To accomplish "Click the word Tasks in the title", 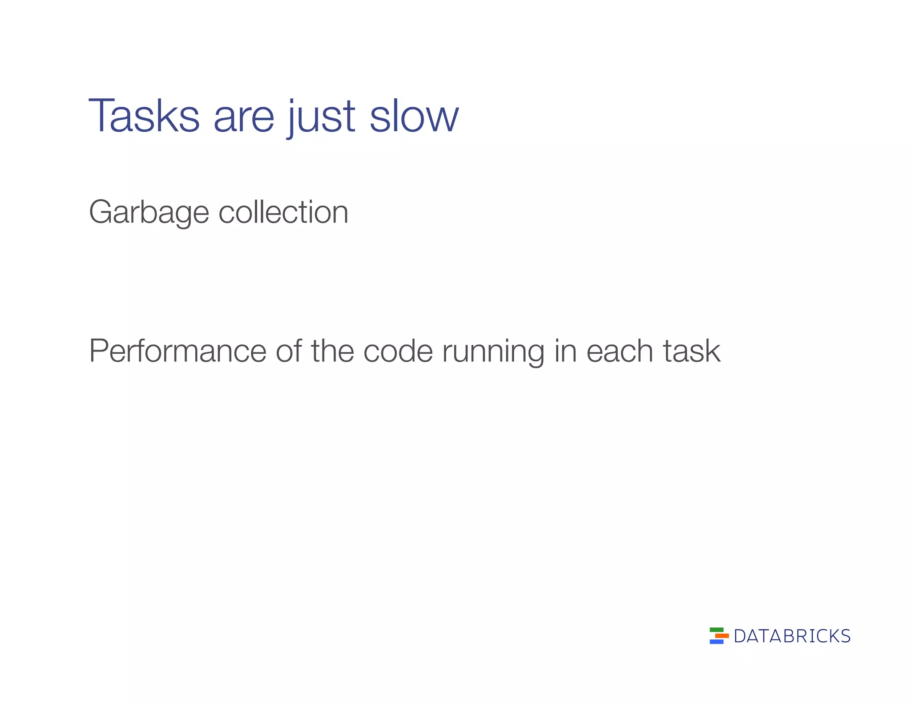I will (144, 116).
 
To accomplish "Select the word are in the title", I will (244, 117).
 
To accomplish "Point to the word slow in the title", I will (414, 117).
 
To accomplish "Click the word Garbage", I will (149, 212).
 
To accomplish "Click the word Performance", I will (177, 351).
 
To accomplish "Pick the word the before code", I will (332, 351).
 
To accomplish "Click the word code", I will (398, 351).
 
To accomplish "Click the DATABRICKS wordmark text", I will (792, 636).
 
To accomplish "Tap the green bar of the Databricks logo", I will (717, 630).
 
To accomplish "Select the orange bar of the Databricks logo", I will (722, 636).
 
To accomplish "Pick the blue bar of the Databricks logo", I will (717, 642).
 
